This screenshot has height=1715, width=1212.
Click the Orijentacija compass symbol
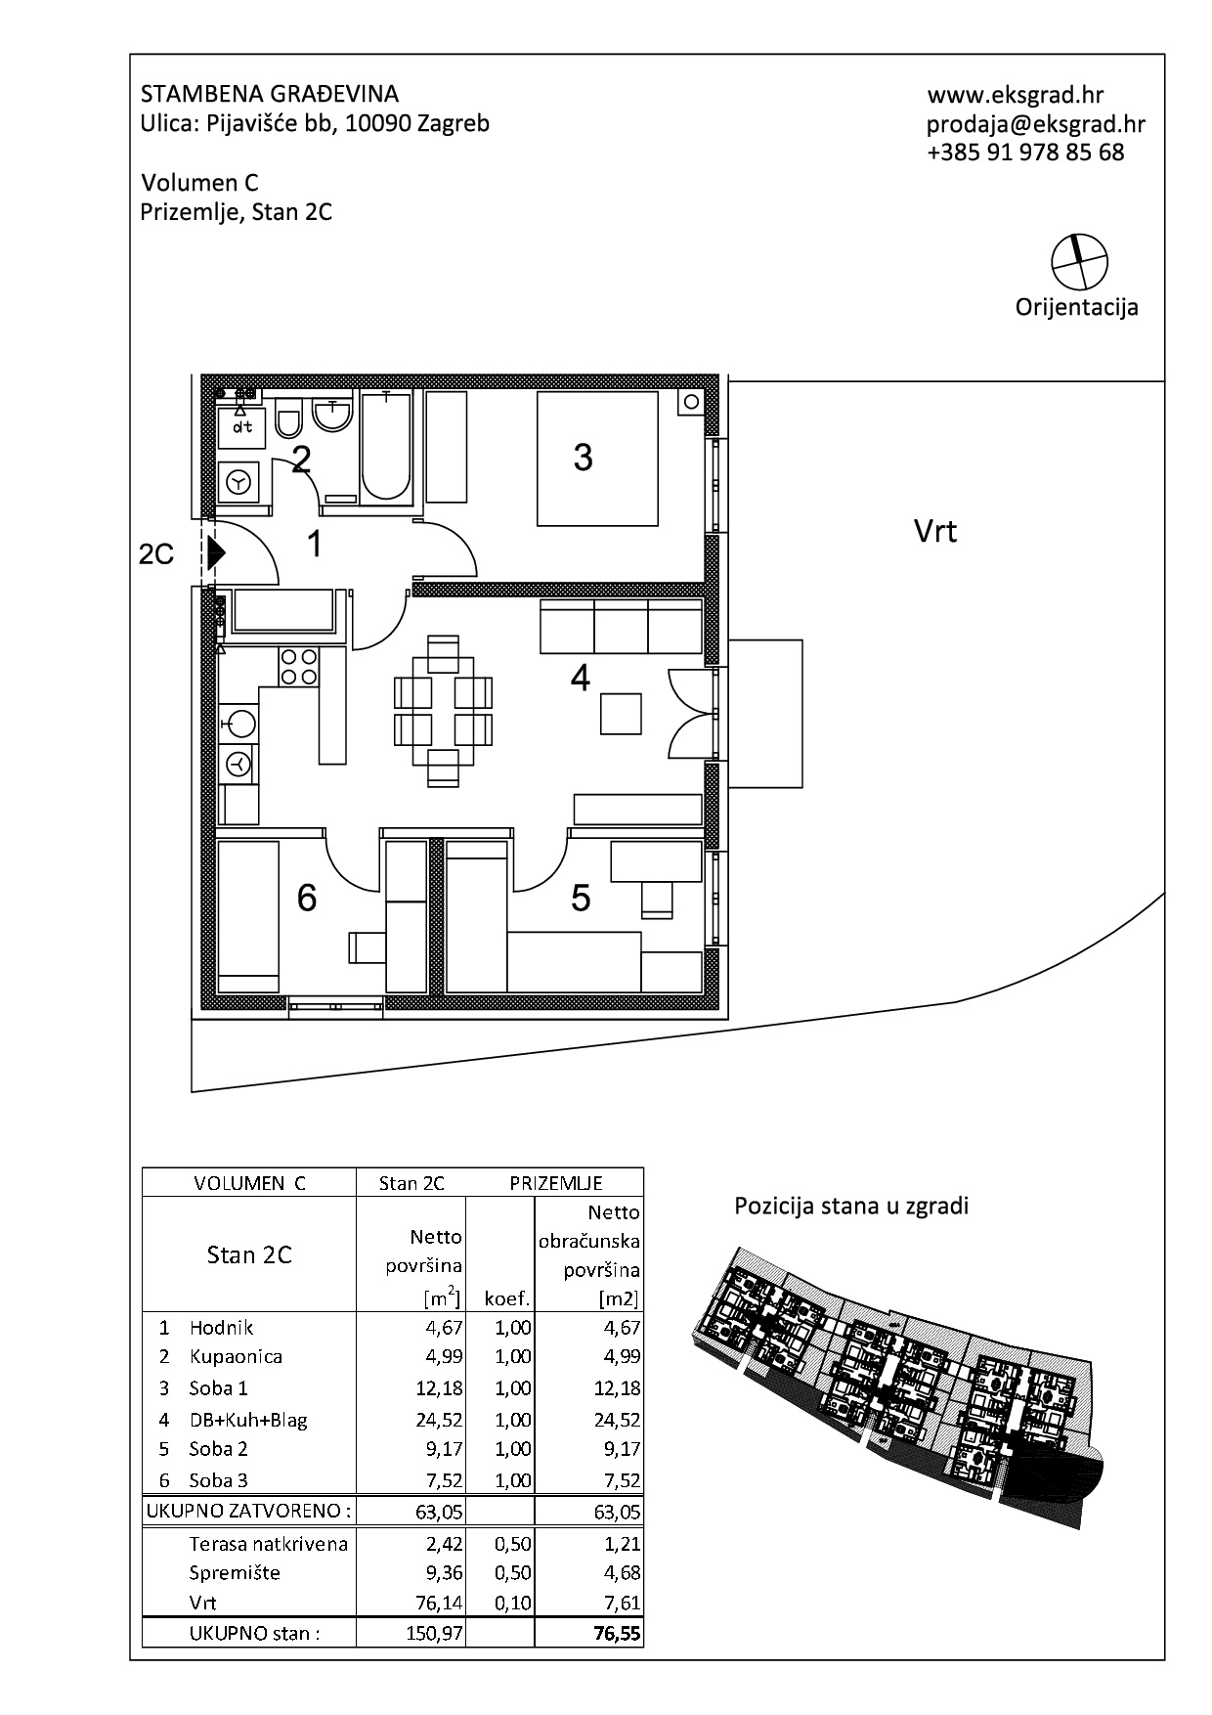point(1080,262)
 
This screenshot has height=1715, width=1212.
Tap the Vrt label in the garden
point(934,531)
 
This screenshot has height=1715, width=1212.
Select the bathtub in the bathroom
point(386,446)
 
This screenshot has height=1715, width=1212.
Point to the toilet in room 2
point(288,419)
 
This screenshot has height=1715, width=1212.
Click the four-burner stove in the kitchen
point(299,667)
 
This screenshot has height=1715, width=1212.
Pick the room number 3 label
point(583,457)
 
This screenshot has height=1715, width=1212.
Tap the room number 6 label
point(307,897)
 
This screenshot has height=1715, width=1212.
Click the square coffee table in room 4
point(622,713)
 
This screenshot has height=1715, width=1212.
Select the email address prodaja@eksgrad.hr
point(1036,124)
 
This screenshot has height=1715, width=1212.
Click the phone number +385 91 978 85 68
point(1025,153)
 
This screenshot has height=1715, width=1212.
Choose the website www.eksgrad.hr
point(1016,95)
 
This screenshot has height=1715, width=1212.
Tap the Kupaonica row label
point(236,1357)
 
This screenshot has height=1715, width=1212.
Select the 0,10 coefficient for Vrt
point(513,1603)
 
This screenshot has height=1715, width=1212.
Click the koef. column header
point(507,1299)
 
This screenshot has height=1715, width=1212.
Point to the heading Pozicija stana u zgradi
point(851,1206)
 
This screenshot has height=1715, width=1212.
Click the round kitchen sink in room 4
point(240,724)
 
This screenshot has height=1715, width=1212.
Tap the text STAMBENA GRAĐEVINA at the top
point(270,94)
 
